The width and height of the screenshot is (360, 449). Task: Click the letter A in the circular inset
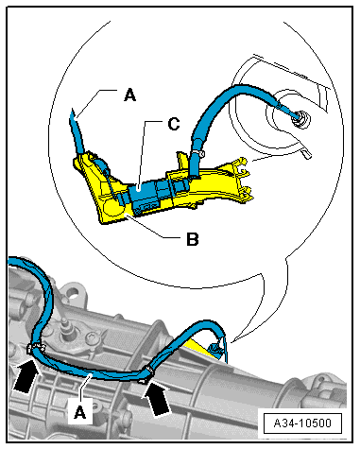click(130, 95)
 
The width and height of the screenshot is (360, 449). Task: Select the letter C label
click(174, 124)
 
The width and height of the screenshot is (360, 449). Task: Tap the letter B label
click(193, 239)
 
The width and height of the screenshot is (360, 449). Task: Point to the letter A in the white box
click(80, 412)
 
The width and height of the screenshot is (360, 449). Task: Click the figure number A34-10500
click(302, 423)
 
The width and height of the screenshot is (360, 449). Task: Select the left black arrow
click(26, 376)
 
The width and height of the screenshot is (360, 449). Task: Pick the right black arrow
click(158, 399)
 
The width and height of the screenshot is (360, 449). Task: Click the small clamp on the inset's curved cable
click(198, 153)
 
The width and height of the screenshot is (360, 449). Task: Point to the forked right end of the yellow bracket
click(243, 181)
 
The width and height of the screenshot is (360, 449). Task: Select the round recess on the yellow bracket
click(113, 207)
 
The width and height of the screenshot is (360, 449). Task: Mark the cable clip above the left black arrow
click(34, 348)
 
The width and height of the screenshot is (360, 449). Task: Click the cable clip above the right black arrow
click(147, 371)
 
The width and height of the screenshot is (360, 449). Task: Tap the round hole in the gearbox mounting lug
click(73, 292)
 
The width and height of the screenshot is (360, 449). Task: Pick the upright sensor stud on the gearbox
click(65, 327)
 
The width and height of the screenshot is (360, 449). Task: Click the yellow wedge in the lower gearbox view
click(200, 350)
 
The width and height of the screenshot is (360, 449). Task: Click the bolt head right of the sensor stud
click(95, 338)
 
